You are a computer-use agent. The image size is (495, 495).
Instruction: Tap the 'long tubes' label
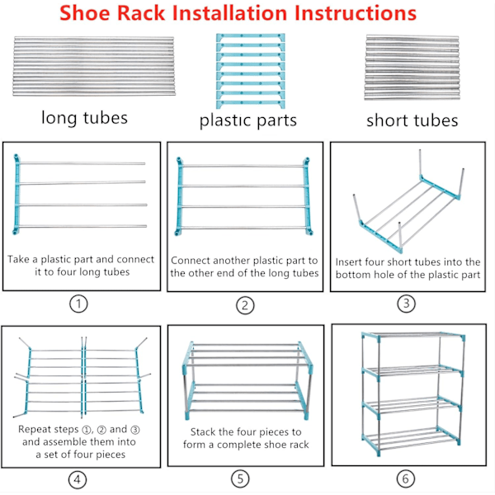coord(85,117)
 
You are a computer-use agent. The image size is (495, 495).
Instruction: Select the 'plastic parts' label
coord(247,120)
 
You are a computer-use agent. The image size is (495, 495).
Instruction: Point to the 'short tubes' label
coord(412,120)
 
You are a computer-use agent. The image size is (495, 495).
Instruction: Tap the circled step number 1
coord(78,304)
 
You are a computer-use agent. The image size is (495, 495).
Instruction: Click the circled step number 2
coord(245,305)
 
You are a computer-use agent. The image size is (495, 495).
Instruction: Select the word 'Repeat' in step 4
coord(35,429)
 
